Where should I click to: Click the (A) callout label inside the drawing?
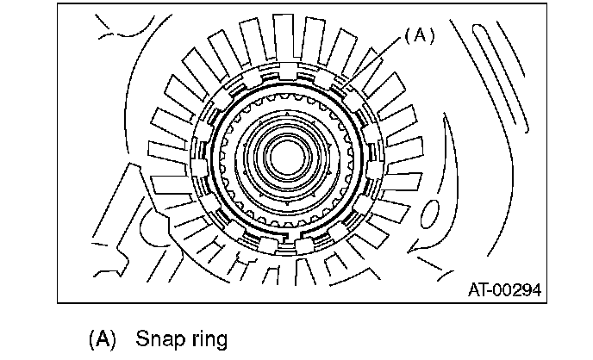click(x=420, y=35)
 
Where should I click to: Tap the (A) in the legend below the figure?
click(x=102, y=338)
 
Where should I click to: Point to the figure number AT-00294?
click(x=504, y=290)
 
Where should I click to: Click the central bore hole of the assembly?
click(x=287, y=158)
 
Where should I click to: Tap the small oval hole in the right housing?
click(x=430, y=214)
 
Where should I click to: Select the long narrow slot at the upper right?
click(x=500, y=78)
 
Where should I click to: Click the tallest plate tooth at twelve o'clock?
click(x=284, y=38)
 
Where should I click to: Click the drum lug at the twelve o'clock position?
click(x=287, y=71)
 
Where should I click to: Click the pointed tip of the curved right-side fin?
click(x=409, y=251)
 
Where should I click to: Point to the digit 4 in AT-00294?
click(x=536, y=290)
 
